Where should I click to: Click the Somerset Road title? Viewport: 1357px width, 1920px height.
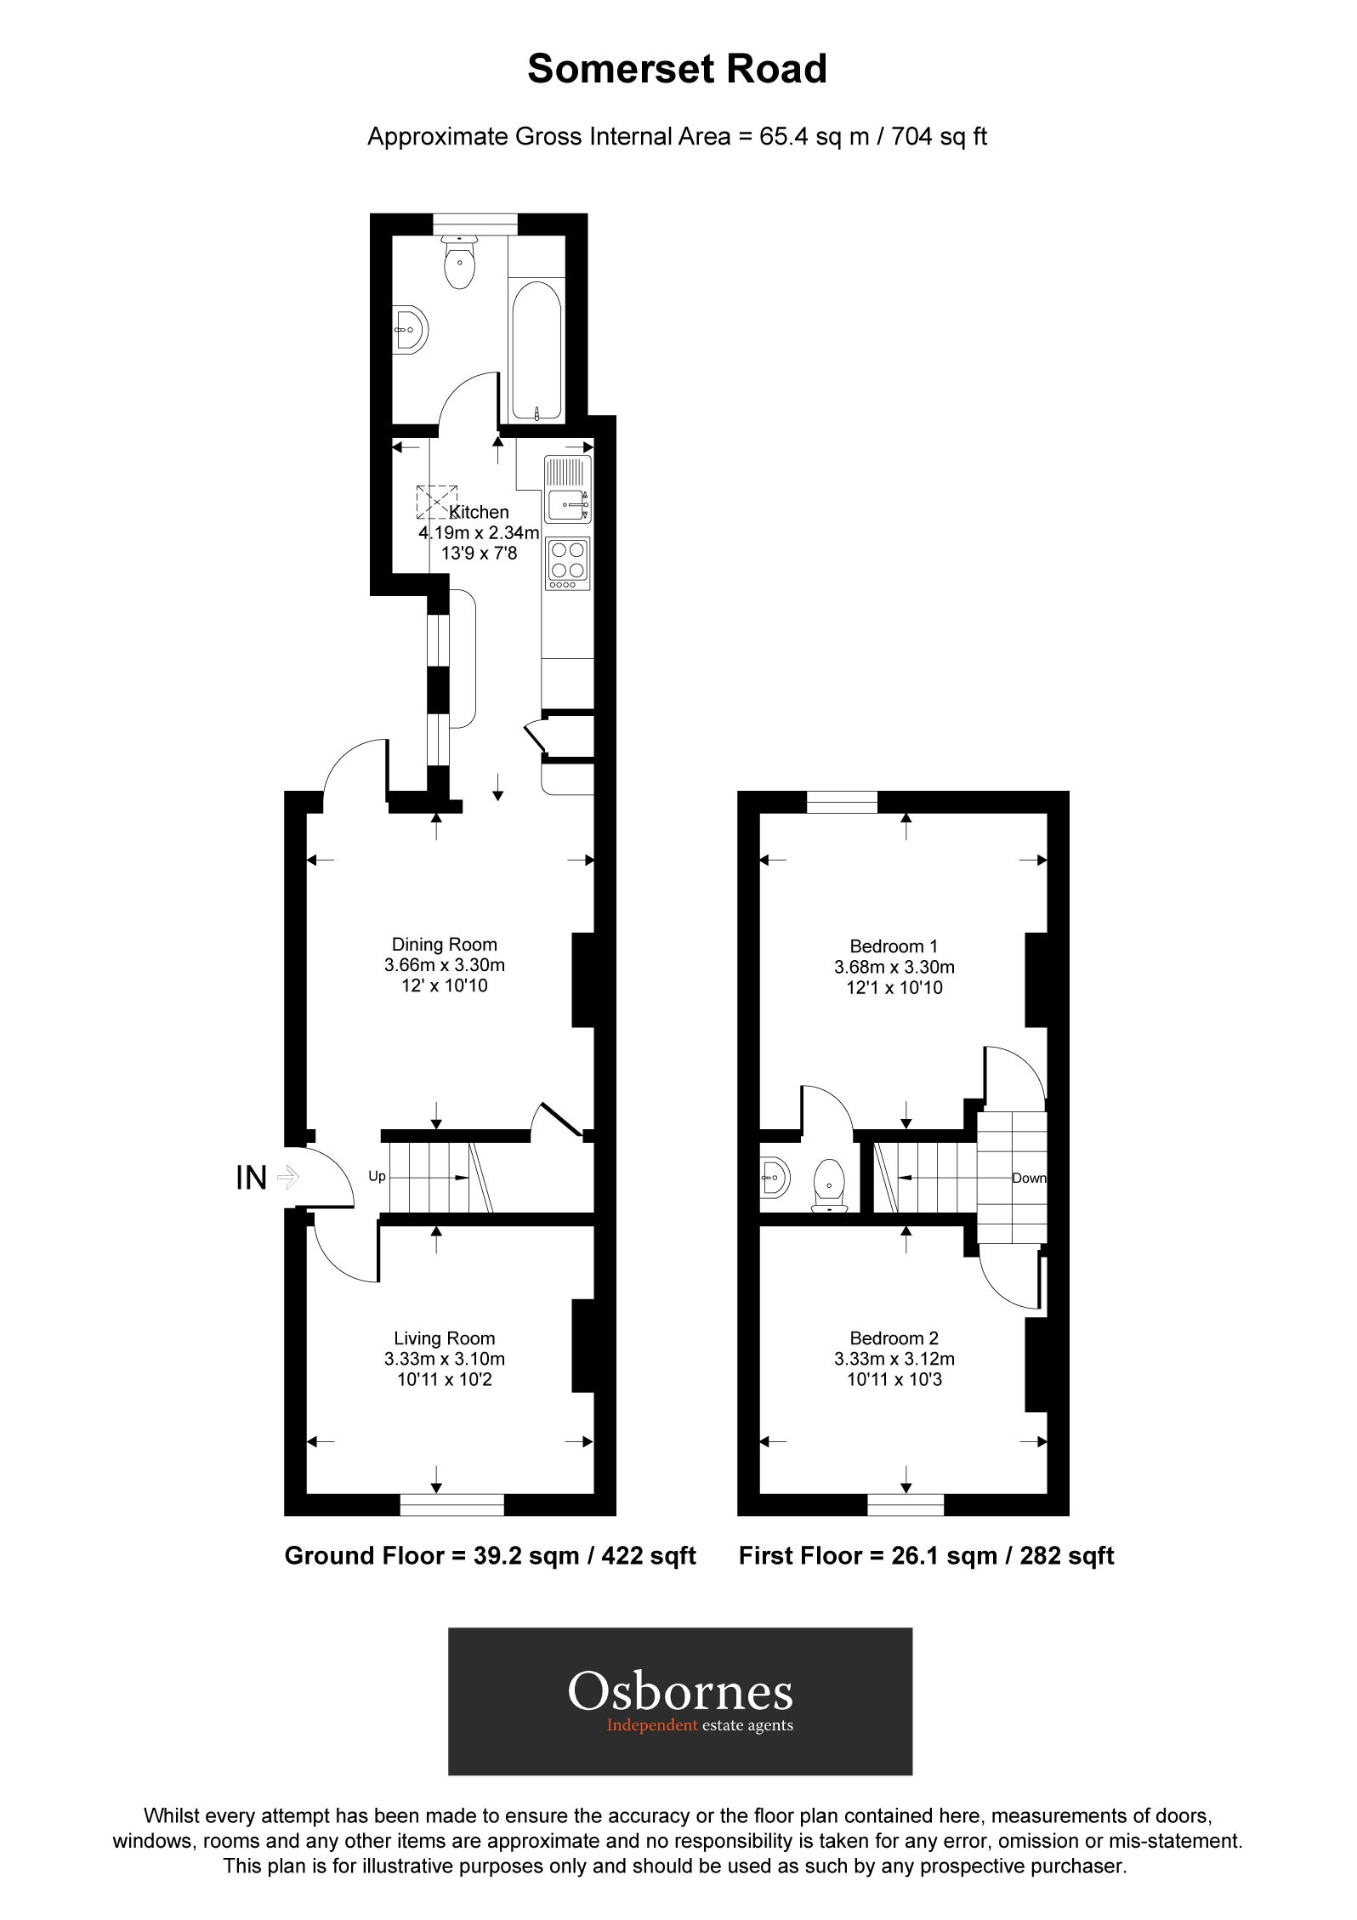click(677, 69)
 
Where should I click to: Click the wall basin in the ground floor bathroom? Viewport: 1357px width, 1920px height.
click(411, 327)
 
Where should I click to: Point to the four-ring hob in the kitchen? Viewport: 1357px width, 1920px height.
click(568, 562)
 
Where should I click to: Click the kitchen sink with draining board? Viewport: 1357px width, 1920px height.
click(568, 490)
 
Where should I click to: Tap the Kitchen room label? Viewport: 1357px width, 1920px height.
click(480, 512)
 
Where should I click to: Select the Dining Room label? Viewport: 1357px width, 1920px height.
click(444, 944)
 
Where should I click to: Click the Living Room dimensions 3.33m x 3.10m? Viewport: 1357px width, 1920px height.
click(444, 1359)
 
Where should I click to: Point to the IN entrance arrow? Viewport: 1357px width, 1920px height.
click(287, 1178)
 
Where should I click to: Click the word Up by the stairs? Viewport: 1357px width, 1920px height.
click(377, 1177)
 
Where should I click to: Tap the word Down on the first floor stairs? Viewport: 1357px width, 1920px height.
click(1028, 1179)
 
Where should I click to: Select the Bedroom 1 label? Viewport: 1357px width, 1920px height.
click(894, 946)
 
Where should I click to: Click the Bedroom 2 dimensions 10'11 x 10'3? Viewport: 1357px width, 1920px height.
click(894, 1379)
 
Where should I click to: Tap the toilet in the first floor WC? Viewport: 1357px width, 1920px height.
click(829, 1185)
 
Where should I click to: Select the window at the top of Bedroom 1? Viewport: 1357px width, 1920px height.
click(841, 801)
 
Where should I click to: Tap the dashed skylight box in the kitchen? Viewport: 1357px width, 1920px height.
click(436, 501)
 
